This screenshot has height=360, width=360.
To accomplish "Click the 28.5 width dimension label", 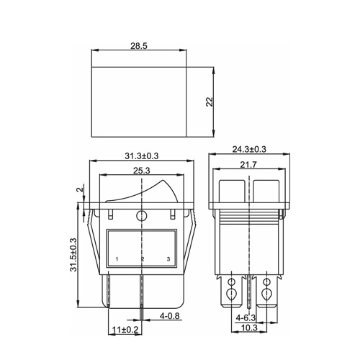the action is click(x=139, y=45).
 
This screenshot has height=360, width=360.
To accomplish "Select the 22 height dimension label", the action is click(x=210, y=102).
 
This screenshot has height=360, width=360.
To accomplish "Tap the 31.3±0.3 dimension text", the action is click(x=142, y=156).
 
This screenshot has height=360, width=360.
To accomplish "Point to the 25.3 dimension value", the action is click(x=142, y=171).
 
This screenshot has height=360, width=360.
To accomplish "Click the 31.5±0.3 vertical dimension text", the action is click(x=73, y=255).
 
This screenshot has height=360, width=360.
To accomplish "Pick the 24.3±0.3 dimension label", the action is click(x=249, y=149).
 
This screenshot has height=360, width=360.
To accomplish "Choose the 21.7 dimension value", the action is click(x=248, y=165).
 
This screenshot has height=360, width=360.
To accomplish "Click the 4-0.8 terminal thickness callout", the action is click(x=170, y=316).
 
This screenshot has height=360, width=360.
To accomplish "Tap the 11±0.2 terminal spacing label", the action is click(x=125, y=330).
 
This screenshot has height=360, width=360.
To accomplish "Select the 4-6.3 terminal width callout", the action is click(x=246, y=318).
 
